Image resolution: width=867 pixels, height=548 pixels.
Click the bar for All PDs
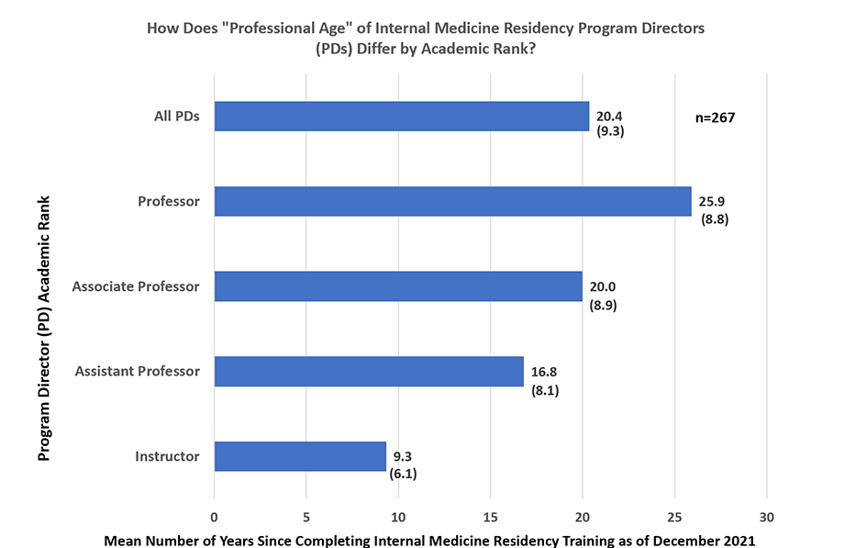[401, 117]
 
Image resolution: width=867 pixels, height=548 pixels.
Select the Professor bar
[452, 201]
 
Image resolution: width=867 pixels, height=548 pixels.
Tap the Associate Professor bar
[398, 286]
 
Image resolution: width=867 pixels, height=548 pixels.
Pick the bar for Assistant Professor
[368, 372]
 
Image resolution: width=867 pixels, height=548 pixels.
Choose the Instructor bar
[300, 456]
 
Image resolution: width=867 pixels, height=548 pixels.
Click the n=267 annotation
[717, 117]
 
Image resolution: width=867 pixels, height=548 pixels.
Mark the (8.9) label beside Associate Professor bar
[603, 305]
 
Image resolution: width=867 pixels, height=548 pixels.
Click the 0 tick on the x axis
[215, 515]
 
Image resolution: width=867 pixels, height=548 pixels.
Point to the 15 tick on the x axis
[491, 515]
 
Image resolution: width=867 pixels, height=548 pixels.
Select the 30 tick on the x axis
[767, 515]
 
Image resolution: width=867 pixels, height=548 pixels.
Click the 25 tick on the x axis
[675, 515]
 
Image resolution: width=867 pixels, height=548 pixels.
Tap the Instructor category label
[167, 456]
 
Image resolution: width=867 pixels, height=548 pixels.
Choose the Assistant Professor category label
[137, 372]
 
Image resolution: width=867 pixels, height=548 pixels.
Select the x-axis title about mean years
[429, 540]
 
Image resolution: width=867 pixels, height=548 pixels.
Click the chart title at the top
[426, 39]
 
